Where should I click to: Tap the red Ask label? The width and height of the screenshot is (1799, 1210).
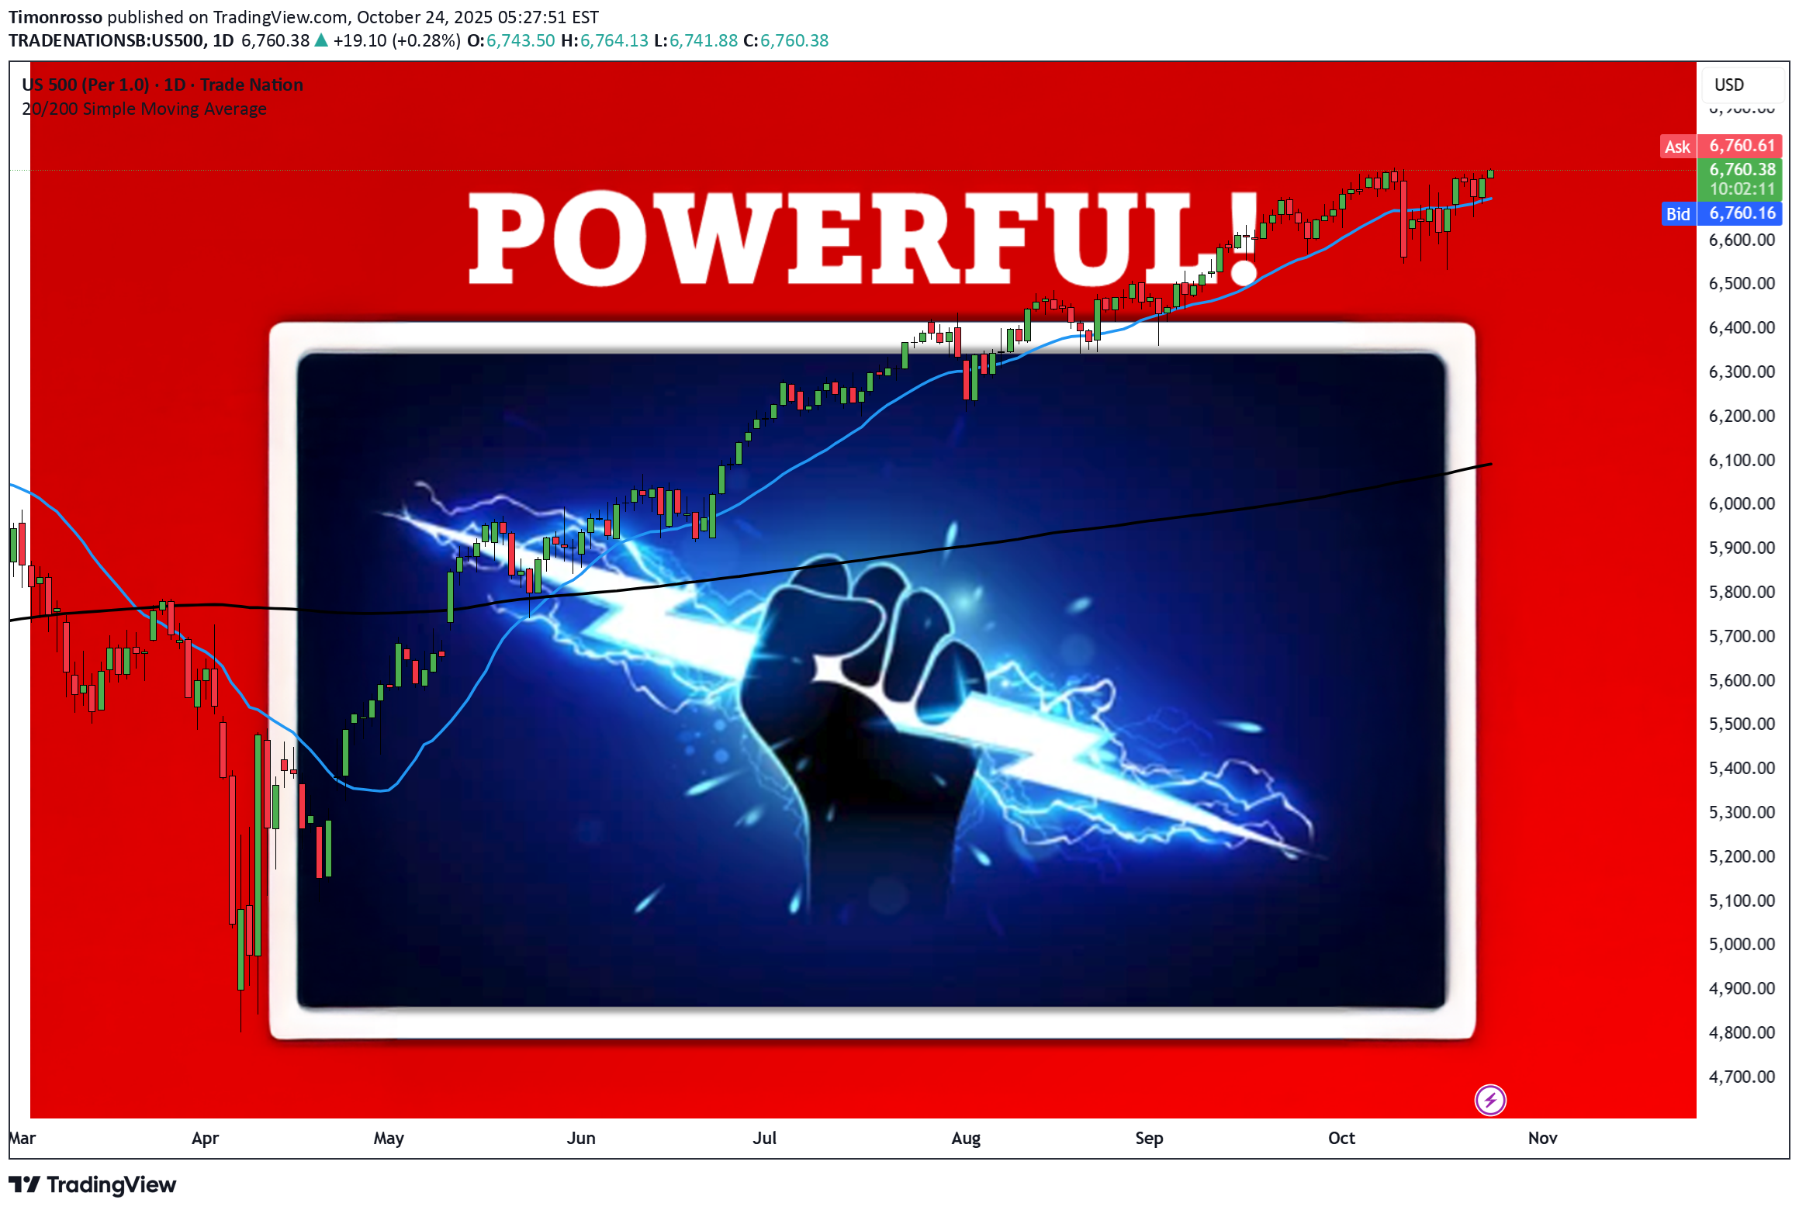(1677, 147)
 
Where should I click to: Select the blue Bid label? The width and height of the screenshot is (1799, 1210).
(1677, 214)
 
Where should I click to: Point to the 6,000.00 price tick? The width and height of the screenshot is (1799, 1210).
(1741, 504)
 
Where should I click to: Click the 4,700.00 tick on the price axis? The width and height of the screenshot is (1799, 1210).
(1741, 1077)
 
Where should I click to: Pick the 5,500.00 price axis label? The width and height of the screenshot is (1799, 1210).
(1741, 724)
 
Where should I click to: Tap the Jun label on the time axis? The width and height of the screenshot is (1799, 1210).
(580, 1138)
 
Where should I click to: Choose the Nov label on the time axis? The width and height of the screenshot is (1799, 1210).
(1542, 1138)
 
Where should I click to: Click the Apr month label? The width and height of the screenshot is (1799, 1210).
(205, 1138)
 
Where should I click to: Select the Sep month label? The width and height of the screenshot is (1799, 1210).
(1148, 1138)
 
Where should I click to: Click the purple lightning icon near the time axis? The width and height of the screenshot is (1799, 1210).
(1489, 1100)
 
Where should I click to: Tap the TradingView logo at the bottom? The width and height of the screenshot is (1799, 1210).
(92, 1185)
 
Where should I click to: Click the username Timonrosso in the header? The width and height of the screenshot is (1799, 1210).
(55, 17)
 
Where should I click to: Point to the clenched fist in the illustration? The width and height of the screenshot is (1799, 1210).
(861, 698)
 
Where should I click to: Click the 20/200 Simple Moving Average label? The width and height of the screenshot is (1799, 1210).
(144, 109)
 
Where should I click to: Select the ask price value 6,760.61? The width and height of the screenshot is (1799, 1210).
(1742, 146)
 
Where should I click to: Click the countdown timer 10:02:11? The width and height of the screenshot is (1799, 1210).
(1742, 189)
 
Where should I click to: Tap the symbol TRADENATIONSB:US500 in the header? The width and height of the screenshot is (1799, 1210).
(106, 40)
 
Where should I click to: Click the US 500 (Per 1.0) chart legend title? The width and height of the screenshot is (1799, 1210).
(85, 85)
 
